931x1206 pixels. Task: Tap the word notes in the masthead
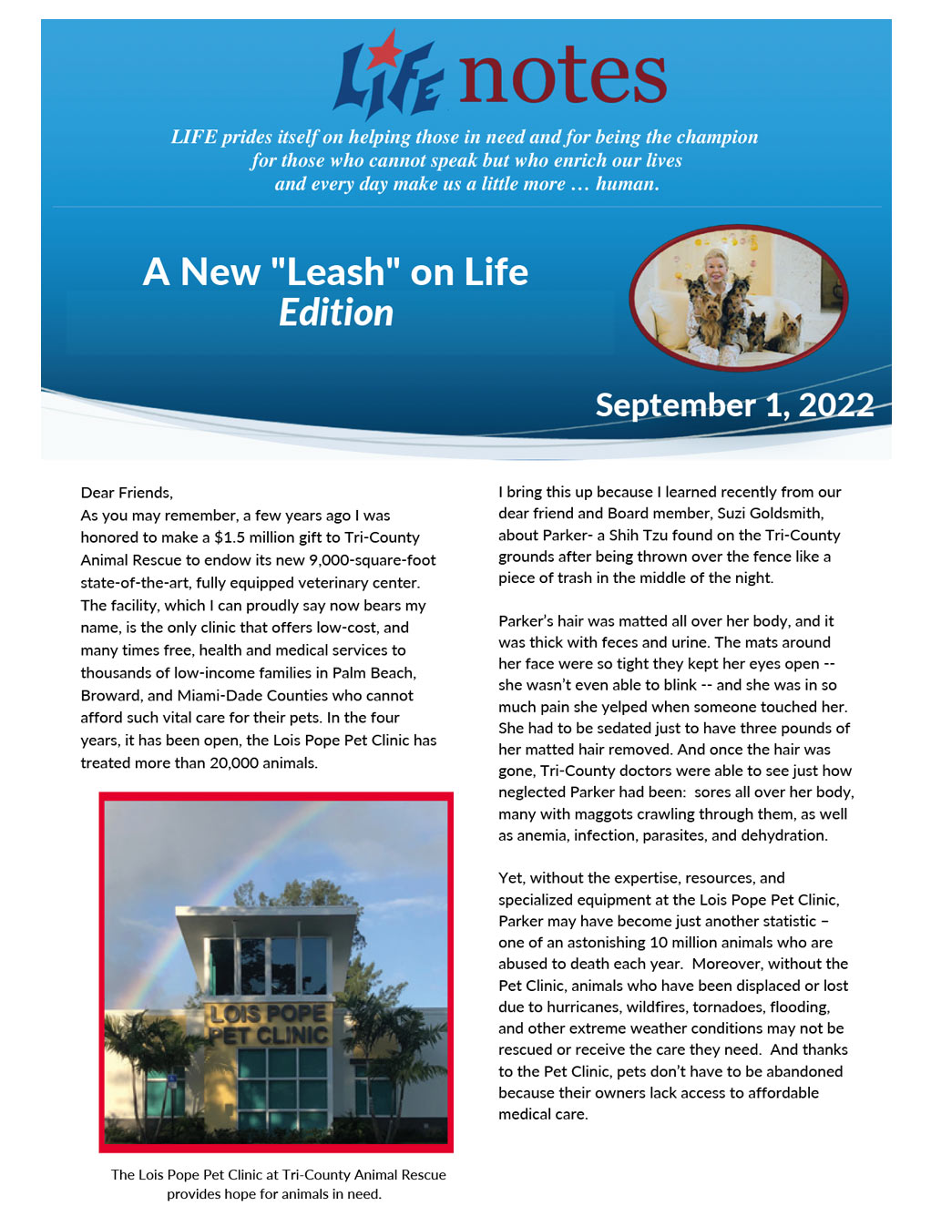562,76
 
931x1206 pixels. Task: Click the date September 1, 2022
734,404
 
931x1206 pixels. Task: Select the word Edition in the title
336,312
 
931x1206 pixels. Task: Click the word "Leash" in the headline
336,271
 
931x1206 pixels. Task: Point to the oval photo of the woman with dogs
738,298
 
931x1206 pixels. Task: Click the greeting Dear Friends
127,493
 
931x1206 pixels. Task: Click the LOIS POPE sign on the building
268,1014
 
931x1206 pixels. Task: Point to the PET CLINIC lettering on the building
268,1036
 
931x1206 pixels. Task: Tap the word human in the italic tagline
626,184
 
